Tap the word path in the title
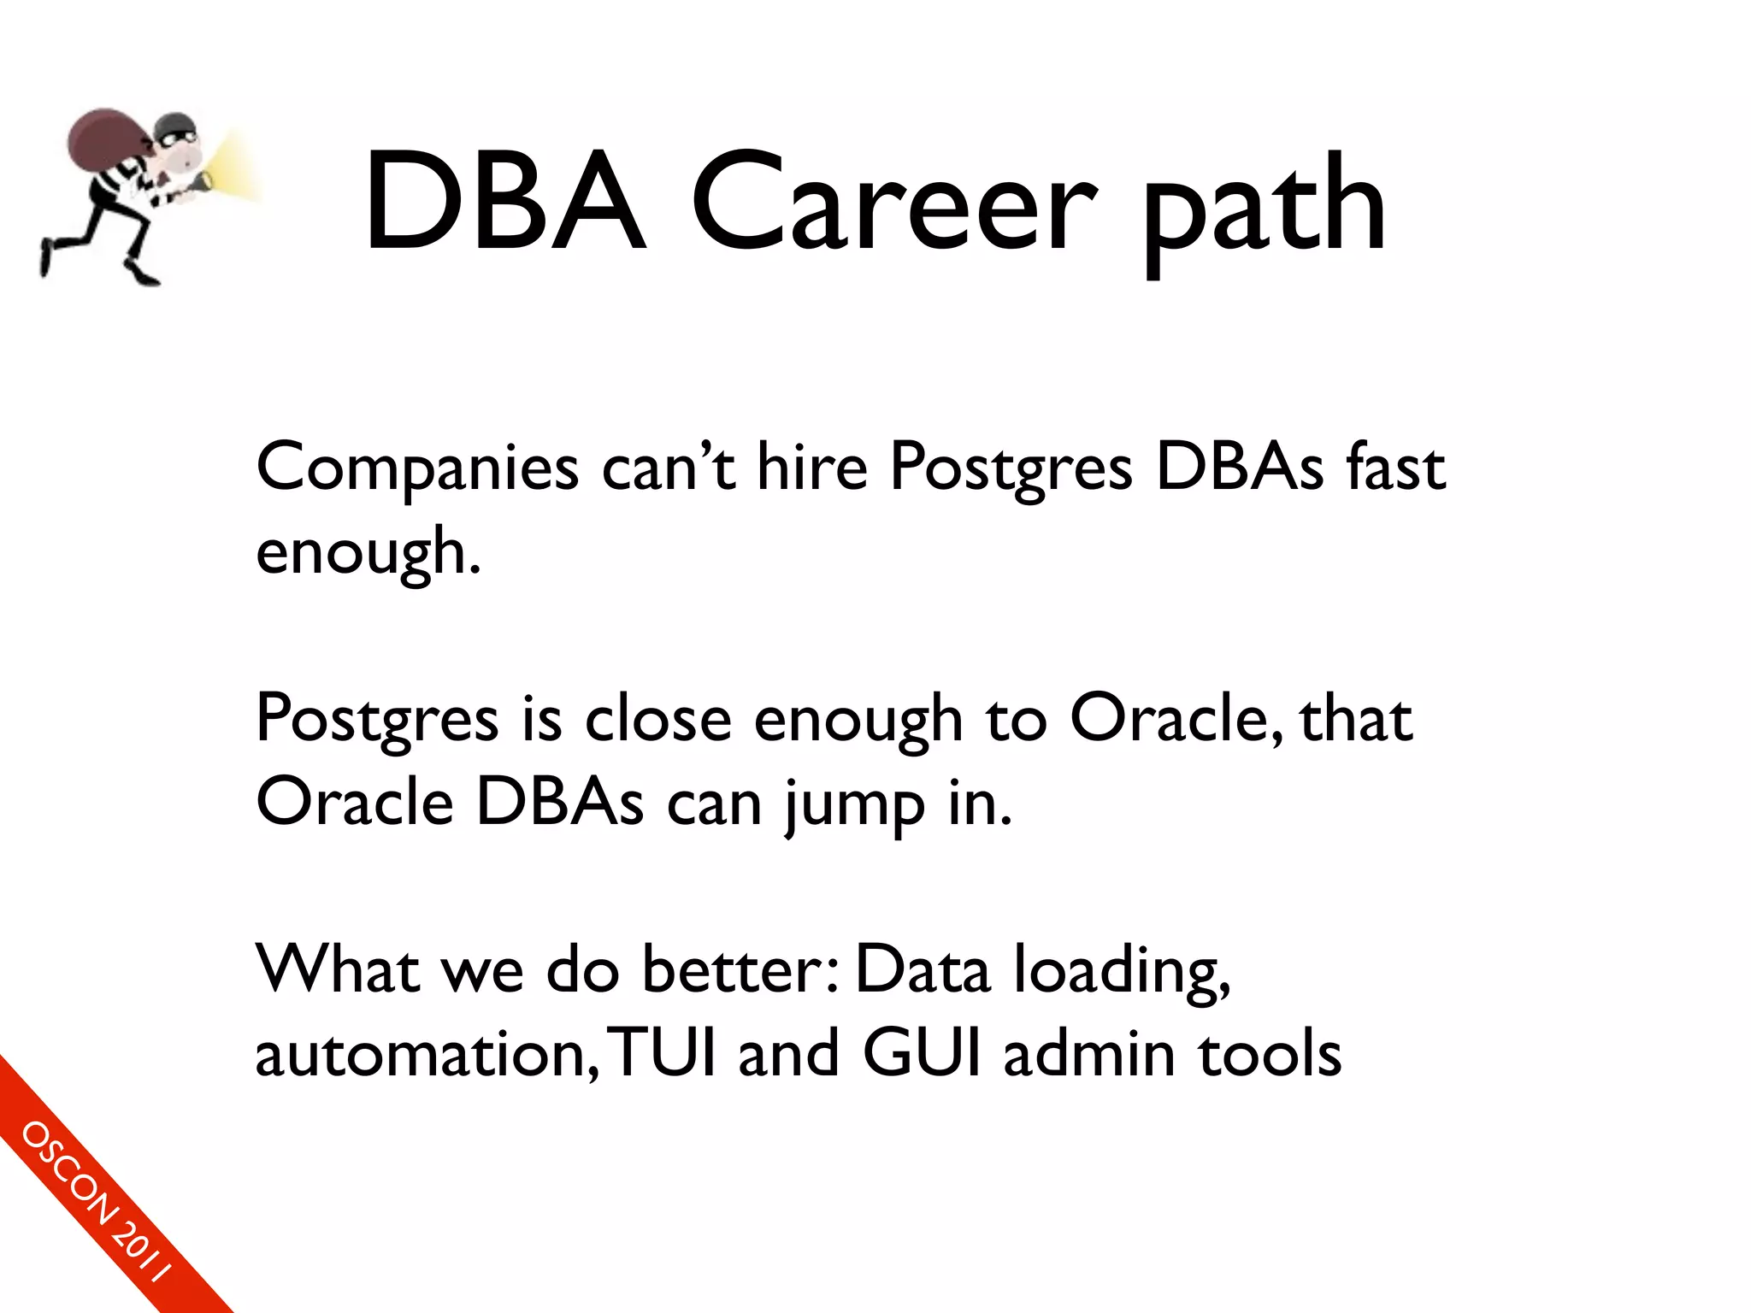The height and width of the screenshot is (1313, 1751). (1264, 209)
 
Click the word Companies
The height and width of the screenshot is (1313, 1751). (417, 470)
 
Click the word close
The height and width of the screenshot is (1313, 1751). (657, 720)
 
